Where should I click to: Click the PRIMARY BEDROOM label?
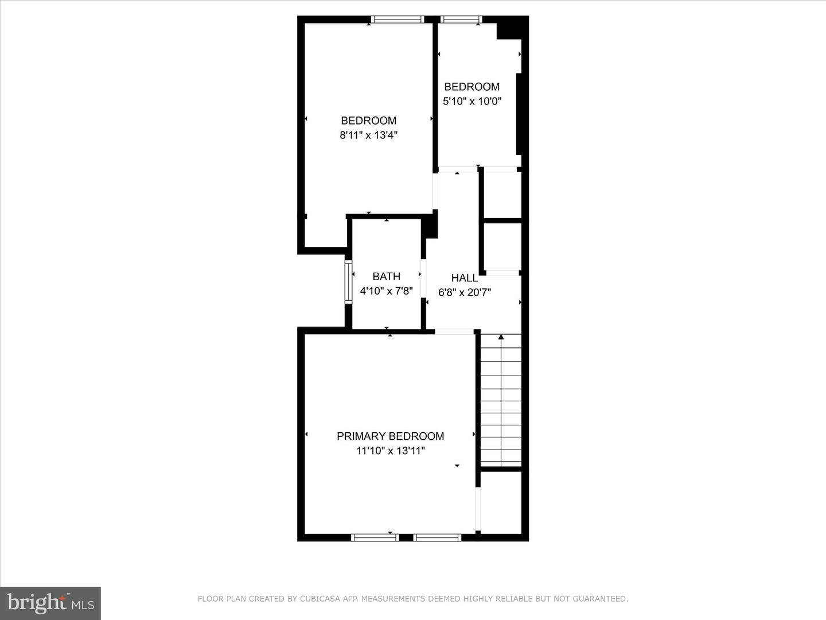tap(390, 436)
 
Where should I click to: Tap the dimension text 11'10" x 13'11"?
tap(391, 451)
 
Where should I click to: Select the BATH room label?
tap(386, 277)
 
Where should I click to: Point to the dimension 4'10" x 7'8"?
tap(386, 291)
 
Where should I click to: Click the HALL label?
tap(465, 278)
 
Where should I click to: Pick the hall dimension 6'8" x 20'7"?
tap(465, 293)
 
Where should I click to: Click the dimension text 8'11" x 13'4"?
tap(368, 135)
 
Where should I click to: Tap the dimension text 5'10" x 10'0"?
tap(472, 101)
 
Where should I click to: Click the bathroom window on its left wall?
tap(348, 282)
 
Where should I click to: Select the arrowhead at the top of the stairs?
tap(501, 337)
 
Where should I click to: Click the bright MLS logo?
tap(50, 603)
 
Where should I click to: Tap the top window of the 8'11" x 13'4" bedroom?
tap(398, 20)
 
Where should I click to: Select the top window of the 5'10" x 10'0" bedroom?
tap(461, 20)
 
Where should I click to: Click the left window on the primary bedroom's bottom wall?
tap(375, 537)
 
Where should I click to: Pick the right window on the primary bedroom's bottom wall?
tap(437, 537)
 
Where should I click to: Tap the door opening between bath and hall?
tap(423, 278)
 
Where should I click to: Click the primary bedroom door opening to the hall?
tap(454, 332)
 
